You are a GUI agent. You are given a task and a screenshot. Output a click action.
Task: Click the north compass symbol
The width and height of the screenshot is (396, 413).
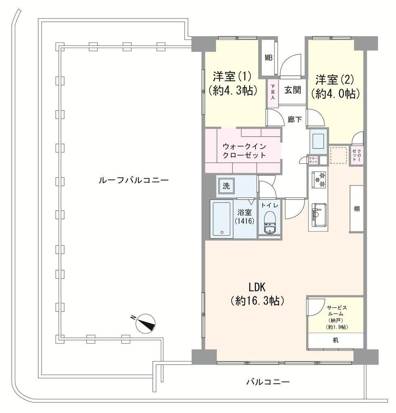(144, 323)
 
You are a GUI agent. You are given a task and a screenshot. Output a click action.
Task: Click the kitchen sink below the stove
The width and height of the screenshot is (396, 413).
(319, 215)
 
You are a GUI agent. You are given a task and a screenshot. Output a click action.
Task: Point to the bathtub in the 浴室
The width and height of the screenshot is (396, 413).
(221, 219)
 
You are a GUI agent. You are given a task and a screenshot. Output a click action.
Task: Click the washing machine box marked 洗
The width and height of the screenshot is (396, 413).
(226, 186)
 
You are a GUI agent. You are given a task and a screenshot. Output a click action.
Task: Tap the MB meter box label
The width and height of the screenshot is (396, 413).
(269, 58)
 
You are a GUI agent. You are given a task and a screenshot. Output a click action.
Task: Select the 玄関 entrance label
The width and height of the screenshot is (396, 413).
(292, 90)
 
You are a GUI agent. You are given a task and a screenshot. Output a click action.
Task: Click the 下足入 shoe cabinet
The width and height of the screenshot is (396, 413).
(273, 94)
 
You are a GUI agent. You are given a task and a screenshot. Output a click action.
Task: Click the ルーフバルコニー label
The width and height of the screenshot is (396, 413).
(133, 180)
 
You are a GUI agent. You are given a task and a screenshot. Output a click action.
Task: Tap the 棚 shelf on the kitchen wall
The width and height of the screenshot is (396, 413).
(356, 209)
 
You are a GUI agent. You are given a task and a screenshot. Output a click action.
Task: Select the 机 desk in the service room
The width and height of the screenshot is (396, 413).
(336, 341)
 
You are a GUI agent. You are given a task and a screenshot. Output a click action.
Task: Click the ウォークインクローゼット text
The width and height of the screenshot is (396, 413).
(244, 151)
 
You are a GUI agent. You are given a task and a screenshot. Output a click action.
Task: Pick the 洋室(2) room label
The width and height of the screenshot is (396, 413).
(335, 79)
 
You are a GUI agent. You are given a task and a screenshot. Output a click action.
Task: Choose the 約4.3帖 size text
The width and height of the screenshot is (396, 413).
(233, 91)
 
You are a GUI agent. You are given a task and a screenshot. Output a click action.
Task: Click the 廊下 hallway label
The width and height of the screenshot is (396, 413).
(295, 120)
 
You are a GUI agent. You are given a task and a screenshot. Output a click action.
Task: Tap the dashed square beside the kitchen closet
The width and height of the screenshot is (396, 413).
(339, 155)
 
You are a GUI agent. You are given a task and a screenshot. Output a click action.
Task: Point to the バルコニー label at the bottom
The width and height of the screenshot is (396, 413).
(268, 382)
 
